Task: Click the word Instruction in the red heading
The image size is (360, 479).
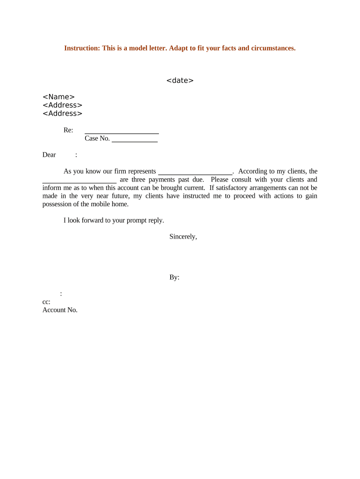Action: click(x=80, y=48)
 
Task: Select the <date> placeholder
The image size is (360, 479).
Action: click(x=180, y=80)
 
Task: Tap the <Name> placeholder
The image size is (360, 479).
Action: click(x=58, y=97)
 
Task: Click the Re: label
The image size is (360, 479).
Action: click(x=68, y=130)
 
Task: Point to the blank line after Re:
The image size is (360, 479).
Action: click(x=122, y=133)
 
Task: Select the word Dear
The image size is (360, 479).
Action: click(x=49, y=155)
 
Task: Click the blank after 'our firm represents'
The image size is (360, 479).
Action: click(x=195, y=174)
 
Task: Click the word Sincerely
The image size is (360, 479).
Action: click(x=183, y=236)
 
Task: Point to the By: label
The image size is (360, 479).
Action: click(x=174, y=277)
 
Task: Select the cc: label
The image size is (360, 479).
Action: click(x=46, y=302)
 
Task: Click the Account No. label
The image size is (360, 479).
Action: click(x=60, y=310)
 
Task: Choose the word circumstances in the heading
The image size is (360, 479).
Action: click(x=273, y=48)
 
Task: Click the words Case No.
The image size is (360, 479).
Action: click(x=97, y=138)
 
